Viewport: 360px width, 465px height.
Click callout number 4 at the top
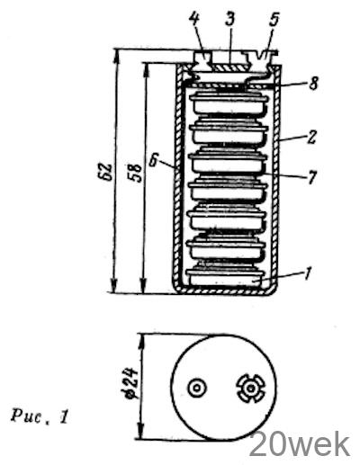[x=194, y=19]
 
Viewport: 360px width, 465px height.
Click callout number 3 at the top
[x=229, y=18]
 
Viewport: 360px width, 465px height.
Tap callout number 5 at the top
[x=274, y=19]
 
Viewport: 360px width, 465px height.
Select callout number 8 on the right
[x=313, y=83]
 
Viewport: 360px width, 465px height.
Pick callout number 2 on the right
[x=312, y=137]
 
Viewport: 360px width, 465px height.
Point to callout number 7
[x=311, y=177]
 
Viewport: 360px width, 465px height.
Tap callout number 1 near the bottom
[x=307, y=273]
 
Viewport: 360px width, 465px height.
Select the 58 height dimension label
[x=135, y=172]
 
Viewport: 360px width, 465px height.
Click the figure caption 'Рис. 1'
[x=40, y=416]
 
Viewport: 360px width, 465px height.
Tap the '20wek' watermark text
[x=300, y=444]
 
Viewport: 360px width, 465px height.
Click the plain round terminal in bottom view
[x=197, y=389]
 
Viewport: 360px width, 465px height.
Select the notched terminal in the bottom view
[x=250, y=389]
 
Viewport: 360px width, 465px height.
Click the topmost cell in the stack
[x=229, y=103]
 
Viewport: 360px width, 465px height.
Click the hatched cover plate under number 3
[x=230, y=67]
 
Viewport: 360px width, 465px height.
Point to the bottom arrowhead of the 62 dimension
[x=113, y=285]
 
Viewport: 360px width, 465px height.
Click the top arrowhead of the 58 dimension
[x=146, y=69]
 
